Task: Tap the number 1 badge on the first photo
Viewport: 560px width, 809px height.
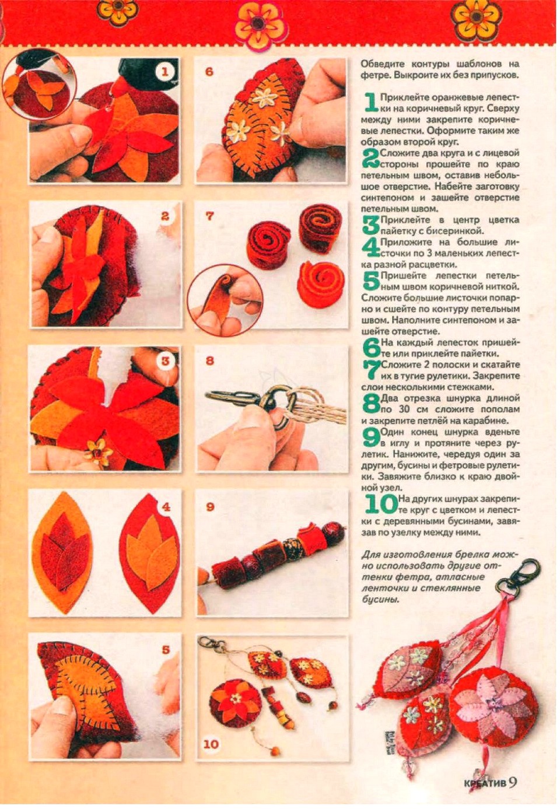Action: [165, 72]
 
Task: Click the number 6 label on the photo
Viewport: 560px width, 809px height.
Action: [209, 72]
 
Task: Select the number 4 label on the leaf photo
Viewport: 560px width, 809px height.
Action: [166, 507]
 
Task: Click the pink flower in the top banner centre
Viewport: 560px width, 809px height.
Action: [261, 23]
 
